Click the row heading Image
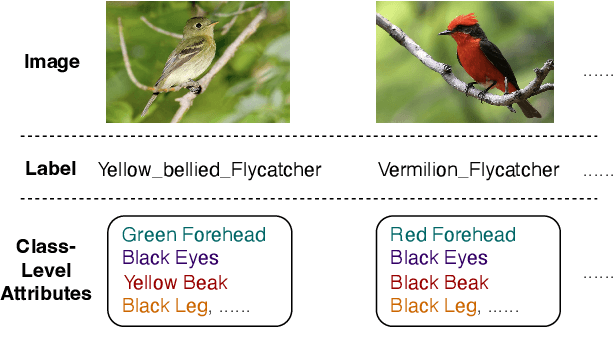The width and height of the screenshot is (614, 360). (52, 62)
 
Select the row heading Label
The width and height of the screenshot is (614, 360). (51, 169)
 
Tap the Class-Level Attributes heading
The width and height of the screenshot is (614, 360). (46, 270)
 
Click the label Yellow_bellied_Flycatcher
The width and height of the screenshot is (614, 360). (209, 170)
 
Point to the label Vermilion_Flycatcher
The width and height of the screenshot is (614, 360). (468, 170)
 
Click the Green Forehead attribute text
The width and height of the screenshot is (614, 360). (194, 235)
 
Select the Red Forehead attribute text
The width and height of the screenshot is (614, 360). (453, 235)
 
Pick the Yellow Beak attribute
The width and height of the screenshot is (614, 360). (176, 282)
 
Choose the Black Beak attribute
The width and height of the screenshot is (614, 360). (439, 282)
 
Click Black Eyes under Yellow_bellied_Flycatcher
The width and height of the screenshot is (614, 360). (170, 258)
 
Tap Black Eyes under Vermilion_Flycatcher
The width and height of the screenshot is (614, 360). (439, 258)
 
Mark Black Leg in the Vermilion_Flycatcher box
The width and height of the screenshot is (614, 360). (433, 306)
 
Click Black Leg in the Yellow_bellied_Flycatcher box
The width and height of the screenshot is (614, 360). (165, 306)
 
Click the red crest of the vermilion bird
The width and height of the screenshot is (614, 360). (463, 22)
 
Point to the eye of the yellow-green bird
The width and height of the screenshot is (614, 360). (199, 25)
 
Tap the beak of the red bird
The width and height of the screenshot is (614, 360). (444, 33)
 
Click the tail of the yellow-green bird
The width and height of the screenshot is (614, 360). (149, 105)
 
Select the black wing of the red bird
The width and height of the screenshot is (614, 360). (498, 63)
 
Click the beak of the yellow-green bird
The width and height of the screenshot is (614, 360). (213, 24)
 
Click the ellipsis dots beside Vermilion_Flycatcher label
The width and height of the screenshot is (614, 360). (599, 174)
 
